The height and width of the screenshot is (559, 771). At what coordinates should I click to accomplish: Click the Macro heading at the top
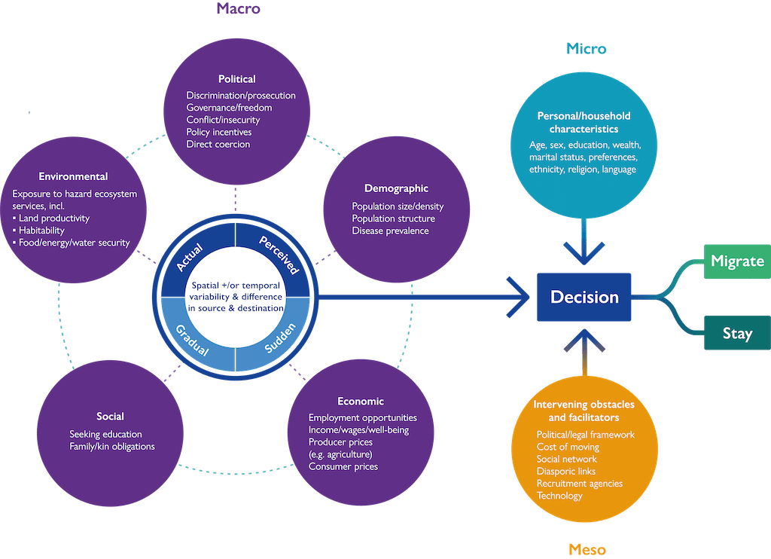tap(238, 9)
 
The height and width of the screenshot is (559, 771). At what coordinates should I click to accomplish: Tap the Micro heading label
tap(586, 49)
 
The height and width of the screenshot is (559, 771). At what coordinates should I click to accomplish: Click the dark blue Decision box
tap(584, 297)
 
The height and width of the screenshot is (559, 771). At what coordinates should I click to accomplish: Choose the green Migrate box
tap(737, 261)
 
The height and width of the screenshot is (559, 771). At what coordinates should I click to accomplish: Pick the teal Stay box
tap(737, 333)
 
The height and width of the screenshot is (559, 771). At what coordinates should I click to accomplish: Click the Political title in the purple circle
tap(237, 79)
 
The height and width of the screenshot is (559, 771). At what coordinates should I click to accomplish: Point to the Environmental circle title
tap(73, 177)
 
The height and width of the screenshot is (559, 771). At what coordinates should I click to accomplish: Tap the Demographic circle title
tap(396, 188)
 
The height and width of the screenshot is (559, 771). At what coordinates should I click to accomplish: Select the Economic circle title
tap(361, 402)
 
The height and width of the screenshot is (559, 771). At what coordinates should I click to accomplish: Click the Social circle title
tap(110, 417)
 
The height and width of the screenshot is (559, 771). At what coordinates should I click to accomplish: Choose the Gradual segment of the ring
tap(192, 339)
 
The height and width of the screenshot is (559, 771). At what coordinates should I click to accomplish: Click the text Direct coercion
tap(218, 144)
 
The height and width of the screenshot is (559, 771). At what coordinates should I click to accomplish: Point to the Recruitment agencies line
tap(580, 484)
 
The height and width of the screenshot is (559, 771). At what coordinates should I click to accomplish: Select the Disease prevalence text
tap(390, 231)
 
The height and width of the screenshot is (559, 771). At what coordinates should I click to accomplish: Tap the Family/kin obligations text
tap(112, 447)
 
